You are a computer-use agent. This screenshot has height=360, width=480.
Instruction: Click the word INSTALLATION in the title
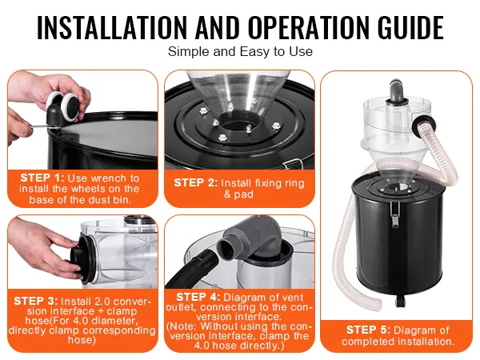click(112, 27)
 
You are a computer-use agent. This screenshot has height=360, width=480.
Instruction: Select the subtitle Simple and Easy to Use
click(240, 51)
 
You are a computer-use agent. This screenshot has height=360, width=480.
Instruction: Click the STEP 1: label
click(42, 178)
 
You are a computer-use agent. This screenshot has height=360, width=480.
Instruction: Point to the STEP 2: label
click(196, 182)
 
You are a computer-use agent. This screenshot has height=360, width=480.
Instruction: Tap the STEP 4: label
click(198, 297)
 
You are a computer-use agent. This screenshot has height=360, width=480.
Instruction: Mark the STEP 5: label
click(368, 330)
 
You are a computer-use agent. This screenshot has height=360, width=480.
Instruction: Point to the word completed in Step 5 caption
click(365, 341)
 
